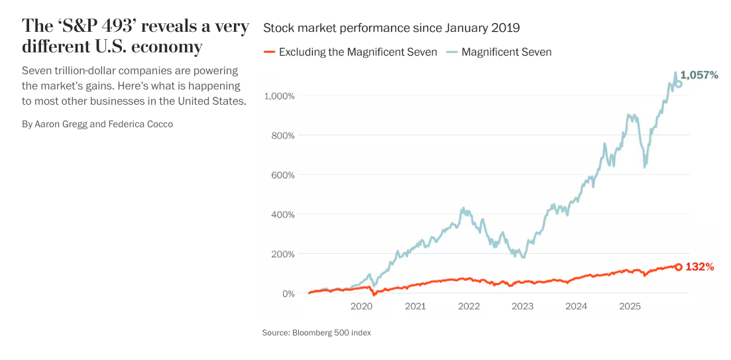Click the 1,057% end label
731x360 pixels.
pyautogui.click(x=700, y=76)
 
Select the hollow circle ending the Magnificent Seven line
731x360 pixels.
pyautogui.click(x=678, y=84)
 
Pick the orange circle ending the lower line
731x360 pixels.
pyautogui.click(x=678, y=267)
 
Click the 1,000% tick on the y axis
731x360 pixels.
pyautogui.click(x=279, y=96)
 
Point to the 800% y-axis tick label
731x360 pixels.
pyautogui.click(x=282, y=135)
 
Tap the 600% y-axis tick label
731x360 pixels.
pyautogui.click(x=282, y=175)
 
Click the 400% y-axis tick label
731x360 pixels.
pyautogui.click(x=282, y=215)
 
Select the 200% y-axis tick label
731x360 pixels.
pyautogui.click(x=282, y=254)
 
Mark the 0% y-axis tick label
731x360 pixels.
pyautogui.click(x=288, y=294)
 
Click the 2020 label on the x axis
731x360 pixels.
pyautogui.click(x=361, y=306)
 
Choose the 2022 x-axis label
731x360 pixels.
pyautogui.click(x=469, y=306)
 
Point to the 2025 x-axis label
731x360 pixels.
pyautogui.click(x=630, y=306)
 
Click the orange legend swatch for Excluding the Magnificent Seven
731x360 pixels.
pyautogui.click(x=269, y=52)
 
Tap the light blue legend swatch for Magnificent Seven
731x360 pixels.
pyautogui.click(x=451, y=52)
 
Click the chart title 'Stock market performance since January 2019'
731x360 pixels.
pyautogui.click(x=391, y=28)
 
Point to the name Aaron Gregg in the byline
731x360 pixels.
pyautogui.click(x=61, y=124)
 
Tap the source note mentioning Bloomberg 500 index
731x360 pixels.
pyautogui.click(x=316, y=333)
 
